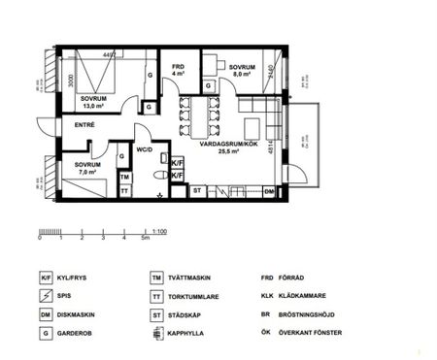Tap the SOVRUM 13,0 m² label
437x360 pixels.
click(94, 102)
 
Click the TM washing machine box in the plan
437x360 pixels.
click(124, 178)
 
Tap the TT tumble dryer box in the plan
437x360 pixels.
click(124, 191)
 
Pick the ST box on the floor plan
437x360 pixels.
click(197, 191)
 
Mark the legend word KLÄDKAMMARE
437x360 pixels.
click(309, 295)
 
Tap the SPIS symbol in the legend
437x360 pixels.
click(45, 295)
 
